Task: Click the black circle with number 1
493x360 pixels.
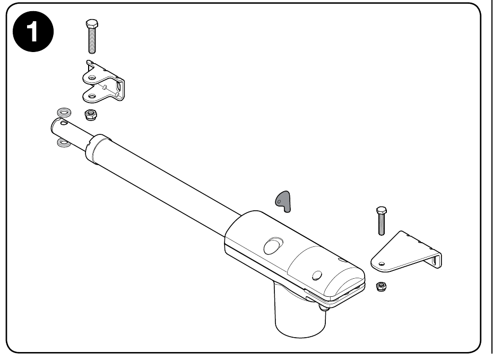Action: coord(33,32)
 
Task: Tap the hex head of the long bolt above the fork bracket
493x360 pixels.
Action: coord(91,23)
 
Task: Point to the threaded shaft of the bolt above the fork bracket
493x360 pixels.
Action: coord(92,40)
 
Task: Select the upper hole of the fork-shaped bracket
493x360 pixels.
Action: coord(92,77)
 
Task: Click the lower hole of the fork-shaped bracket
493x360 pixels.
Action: coord(92,96)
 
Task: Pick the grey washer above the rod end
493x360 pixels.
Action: coord(64,112)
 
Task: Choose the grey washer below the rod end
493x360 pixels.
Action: coord(64,143)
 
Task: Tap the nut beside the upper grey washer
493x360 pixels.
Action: coord(91,114)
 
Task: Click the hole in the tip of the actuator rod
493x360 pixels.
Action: coord(64,123)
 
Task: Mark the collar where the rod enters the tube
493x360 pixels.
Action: coord(98,149)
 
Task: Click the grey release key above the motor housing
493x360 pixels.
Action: coord(283,201)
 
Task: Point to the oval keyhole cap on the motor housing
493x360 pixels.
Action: coord(273,246)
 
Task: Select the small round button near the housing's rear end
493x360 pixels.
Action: coord(317,276)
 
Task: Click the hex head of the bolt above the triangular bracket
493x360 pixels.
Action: coord(382,210)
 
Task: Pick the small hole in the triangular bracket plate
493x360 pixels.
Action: coord(382,264)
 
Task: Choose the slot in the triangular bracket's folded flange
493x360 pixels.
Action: coord(436,261)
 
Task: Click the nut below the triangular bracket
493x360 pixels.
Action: coord(381,286)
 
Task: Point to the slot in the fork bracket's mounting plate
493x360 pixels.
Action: coord(119,87)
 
